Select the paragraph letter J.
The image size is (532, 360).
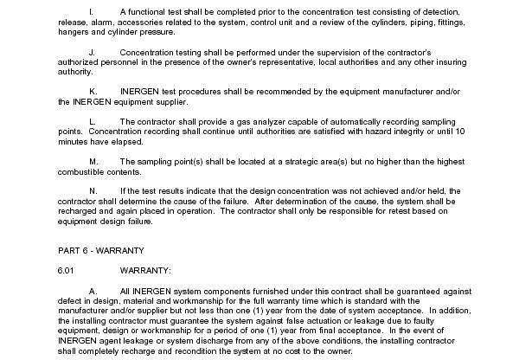pyautogui.click(x=92, y=52)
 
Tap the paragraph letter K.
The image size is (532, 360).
pyautogui.click(x=93, y=90)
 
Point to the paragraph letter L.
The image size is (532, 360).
pyautogui.click(x=93, y=121)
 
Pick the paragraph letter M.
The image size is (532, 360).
pyautogui.click(x=93, y=161)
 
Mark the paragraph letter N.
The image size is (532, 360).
pyautogui.click(x=93, y=190)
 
